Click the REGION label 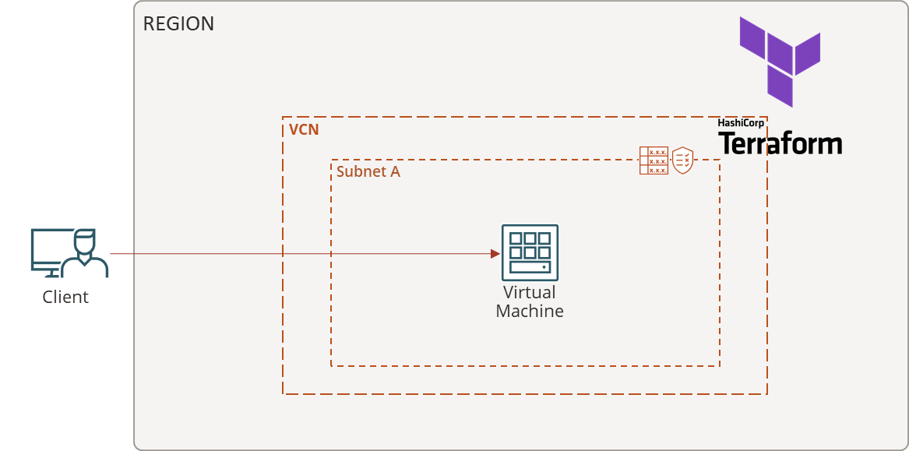(x=178, y=24)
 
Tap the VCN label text (x=304, y=129)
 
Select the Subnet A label (x=368, y=171)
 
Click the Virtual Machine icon (x=530, y=252)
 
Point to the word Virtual (x=530, y=293)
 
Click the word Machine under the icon (x=530, y=311)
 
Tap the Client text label (x=65, y=297)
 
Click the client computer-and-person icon (x=69, y=252)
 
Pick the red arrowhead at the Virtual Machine (x=495, y=254)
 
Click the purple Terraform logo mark (x=780, y=61)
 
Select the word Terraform (x=780, y=144)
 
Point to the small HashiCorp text (x=740, y=123)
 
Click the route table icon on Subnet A (x=654, y=160)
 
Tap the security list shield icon (x=683, y=160)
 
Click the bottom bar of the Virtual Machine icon (x=530, y=267)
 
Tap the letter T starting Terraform (x=727, y=143)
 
